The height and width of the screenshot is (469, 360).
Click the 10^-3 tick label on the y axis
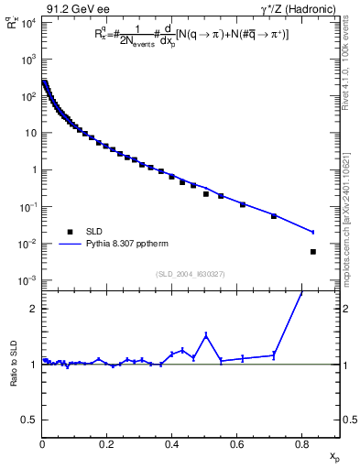27,280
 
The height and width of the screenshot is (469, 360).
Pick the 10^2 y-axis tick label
27,95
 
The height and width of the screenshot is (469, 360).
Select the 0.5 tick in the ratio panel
30,420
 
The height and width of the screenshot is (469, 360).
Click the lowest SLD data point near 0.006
313,252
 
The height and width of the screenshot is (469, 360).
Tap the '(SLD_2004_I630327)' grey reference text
190,273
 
